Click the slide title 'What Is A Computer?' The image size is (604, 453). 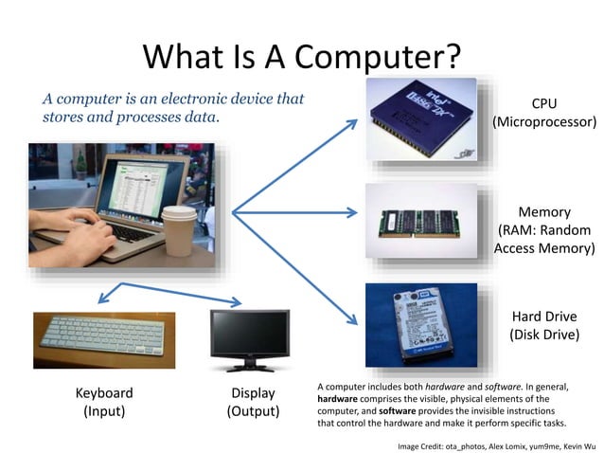coord(301,56)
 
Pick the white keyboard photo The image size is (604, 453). coord(104,339)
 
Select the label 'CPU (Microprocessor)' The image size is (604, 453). coord(543,113)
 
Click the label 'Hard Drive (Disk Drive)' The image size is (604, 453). coord(543,325)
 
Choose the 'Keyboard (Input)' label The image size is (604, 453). coord(104,402)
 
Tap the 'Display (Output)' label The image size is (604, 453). coord(253,402)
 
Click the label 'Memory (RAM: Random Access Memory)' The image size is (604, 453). coord(542,230)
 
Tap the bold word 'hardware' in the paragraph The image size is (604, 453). coord(338,399)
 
